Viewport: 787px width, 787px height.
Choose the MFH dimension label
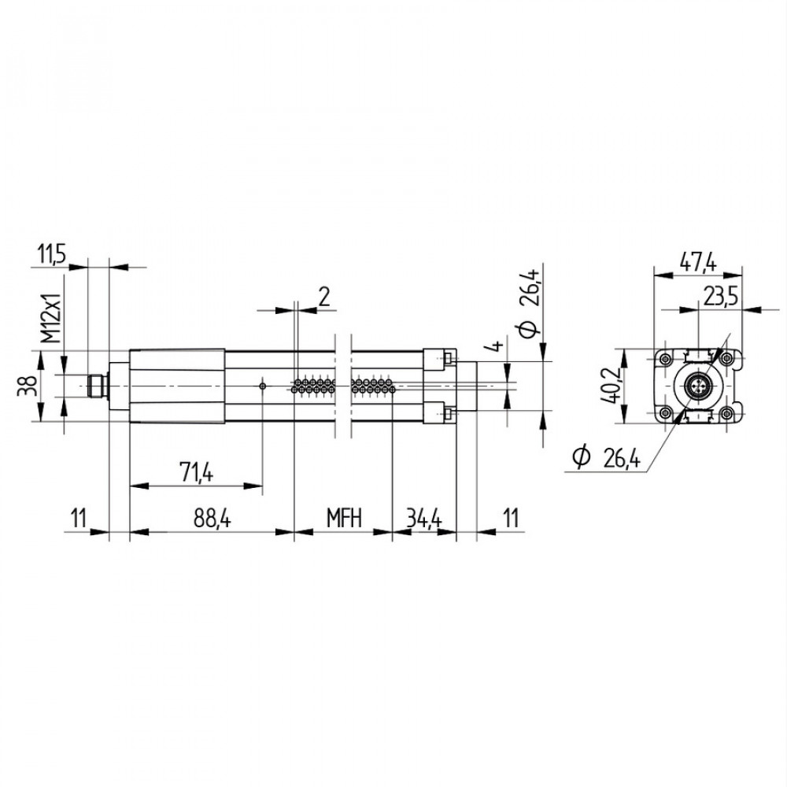[x=344, y=519]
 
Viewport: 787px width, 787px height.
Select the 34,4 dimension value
[x=424, y=519]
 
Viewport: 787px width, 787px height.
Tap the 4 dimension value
[x=495, y=347]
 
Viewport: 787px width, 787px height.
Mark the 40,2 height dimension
[x=611, y=386]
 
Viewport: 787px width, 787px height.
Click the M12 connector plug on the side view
[x=96, y=386]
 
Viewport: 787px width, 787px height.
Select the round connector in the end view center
[x=699, y=386]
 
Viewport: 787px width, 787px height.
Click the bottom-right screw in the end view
[x=731, y=413]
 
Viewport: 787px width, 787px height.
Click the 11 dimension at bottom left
[x=77, y=519]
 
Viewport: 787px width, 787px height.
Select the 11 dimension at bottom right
[x=512, y=519]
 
